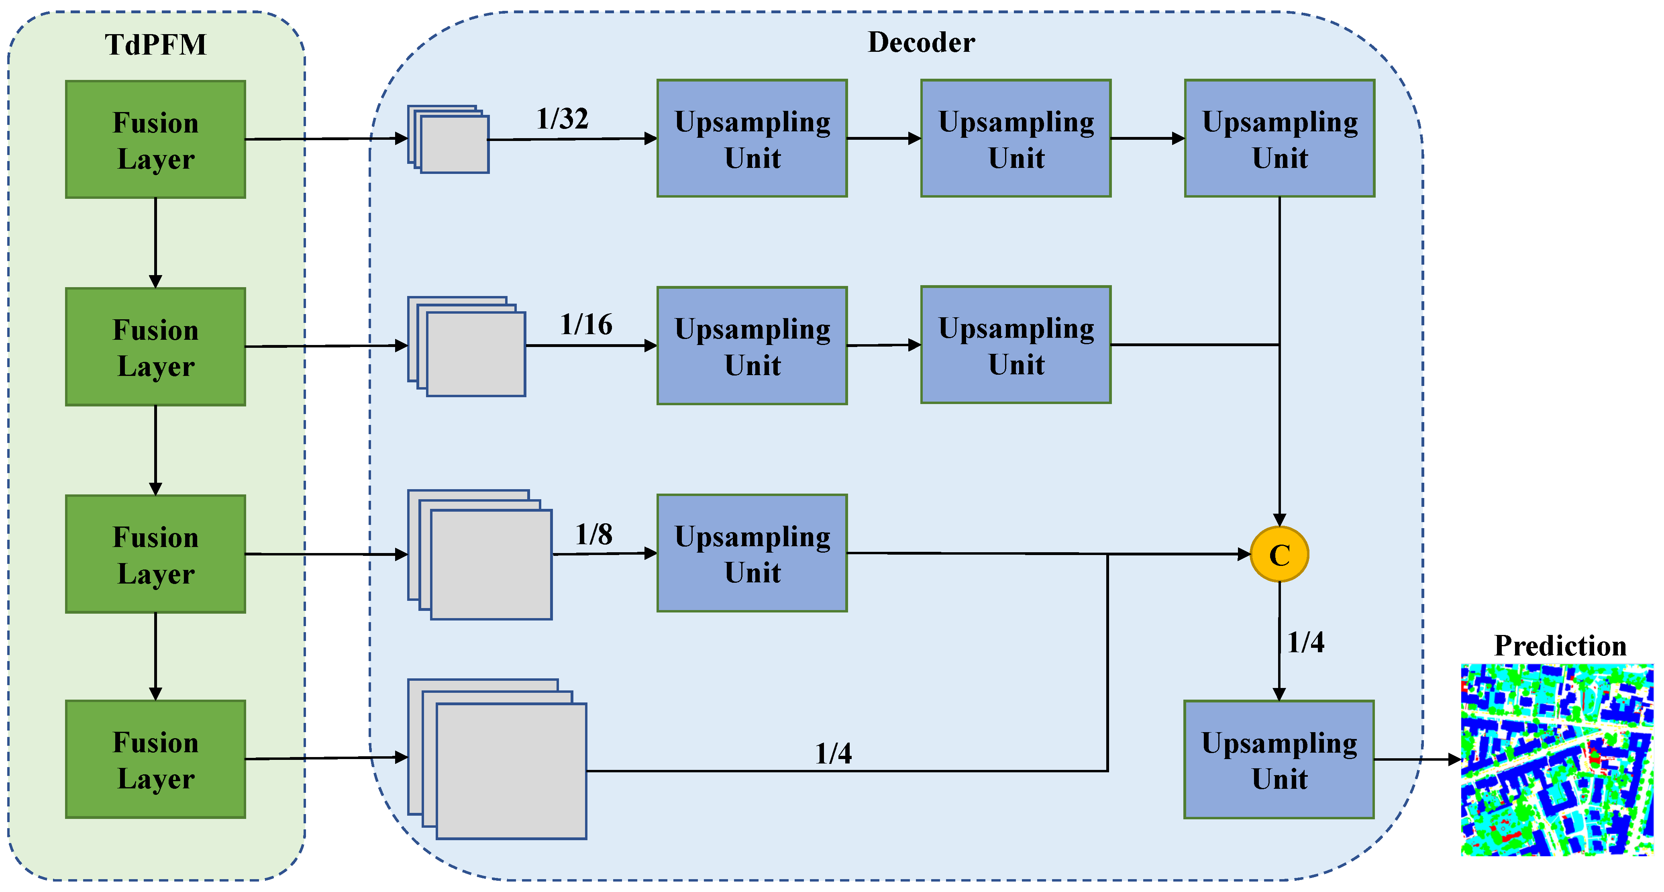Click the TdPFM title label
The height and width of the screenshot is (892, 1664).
tap(156, 45)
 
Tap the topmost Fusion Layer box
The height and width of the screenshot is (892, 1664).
tap(156, 139)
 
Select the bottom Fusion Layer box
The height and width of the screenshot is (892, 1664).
tap(156, 759)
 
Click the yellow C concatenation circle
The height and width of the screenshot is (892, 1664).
tap(1279, 554)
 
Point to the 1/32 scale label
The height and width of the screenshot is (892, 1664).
tap(562, 119)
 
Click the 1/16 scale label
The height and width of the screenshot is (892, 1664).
tap(586, 324)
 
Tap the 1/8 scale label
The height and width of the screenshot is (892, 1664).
tap(593, 534)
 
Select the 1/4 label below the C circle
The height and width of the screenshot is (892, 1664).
tap(1305, 642)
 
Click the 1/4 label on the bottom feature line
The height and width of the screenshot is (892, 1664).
tap(833, 753)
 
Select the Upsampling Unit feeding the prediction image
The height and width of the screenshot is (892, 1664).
tap(1279, 759)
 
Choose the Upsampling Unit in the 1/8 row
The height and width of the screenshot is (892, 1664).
tap(752, 553)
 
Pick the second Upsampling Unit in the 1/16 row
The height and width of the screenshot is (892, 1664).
tap(1016, 345)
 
